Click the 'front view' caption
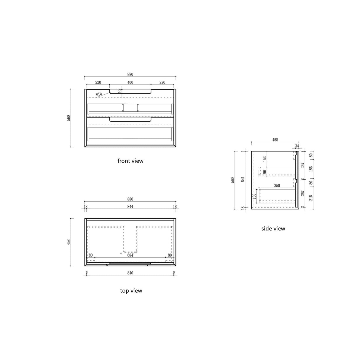pyautogui.click(x=130, y=161)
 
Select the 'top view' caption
pyautogui.click(x=131, y=291)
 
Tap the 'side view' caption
pyautogui.click(x=273, y=228)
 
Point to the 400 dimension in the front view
pyautogui.click(x=130, y=82)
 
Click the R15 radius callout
pyautogui.click(x=99, y=94)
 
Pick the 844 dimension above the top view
pyautogui.click(x=130, y=207)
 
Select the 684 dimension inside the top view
pyautogui.click(x=130, y=255)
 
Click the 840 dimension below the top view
pyautogui.click(x=130, y=273)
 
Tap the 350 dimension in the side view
pyautogui.click(x=277, y=186)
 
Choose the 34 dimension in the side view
pyautogui.click(x=297, y=146)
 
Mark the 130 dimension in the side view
pyautogui.click(x=254, y=196)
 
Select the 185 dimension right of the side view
pyautogui.click(x=311, y=169)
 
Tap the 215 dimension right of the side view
pyautogui.click(x=311, y=197)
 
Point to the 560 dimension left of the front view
pyautogui.click(x=69, y=118)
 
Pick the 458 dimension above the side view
pyautogui.click(x=275, y=140)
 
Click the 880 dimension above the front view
pyautogui.click(x=130, y=74)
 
